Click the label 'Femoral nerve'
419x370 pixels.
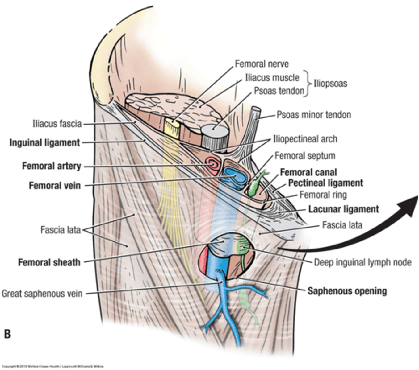coord(262,64)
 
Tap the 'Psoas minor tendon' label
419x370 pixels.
coord(313,115)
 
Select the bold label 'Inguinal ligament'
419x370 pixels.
coord(45,143)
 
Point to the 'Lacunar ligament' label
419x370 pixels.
coord(343,209)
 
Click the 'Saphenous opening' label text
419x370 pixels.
coord(347,291)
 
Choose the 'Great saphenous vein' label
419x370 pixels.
coord(42,293)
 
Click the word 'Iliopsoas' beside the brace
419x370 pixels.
coord(330,83)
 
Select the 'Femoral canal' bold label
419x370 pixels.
coord(308,172)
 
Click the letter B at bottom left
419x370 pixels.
coord(7,334)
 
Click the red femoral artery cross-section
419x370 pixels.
coord(213,164)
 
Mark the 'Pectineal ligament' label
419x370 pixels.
coord(325,183)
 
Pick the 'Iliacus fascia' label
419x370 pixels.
coord(57,124)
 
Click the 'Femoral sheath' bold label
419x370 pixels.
coord(49,262)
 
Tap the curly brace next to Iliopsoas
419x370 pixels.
coord(307,84)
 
